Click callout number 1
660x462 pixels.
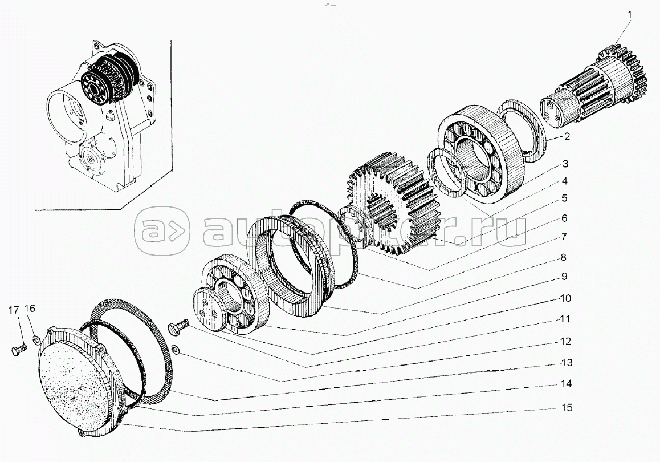click(630, 15)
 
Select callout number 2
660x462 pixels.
click(567, 136)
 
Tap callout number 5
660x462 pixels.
click(564, 198)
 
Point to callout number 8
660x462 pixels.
click(564, 257)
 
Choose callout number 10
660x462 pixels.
click(565, 298)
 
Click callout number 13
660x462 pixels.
click(567, 362)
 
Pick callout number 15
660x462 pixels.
click(567, 407)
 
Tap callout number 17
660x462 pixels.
click(14, 310)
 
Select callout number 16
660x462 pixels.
click(30, 309)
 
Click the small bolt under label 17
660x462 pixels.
click(19, 348)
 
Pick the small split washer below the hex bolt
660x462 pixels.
click(176, 348)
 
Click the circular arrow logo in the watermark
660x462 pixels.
click(162, 231)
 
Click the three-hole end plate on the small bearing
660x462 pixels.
click(209, 310)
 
